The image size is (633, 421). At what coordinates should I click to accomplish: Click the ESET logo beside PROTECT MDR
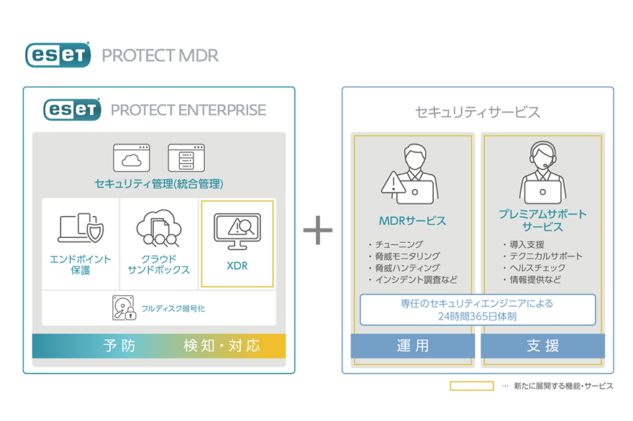pos(58,55)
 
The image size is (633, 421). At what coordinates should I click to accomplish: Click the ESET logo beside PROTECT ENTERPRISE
pos(72,109)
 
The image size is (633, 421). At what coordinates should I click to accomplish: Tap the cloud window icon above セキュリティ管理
pos(131,157)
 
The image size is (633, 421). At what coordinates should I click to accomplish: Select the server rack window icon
pos(186,157)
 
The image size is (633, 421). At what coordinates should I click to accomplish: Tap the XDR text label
pos(237,266)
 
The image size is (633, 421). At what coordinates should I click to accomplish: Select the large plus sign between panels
pos(317,231)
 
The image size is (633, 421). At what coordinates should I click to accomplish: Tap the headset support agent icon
pos(542,172)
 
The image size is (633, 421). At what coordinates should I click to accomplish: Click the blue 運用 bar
pos(413,346)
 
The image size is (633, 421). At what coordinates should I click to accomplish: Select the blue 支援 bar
pos(542,346)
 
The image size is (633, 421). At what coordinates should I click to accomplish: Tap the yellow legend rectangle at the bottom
pos(471,386)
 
